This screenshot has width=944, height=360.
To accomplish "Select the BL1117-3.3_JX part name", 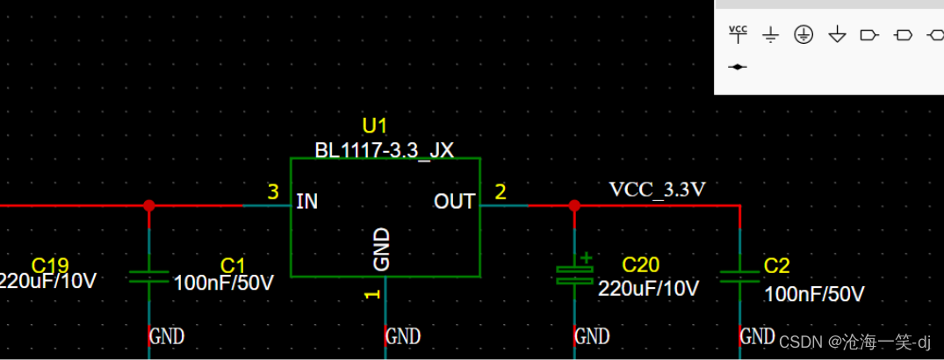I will [384, 149].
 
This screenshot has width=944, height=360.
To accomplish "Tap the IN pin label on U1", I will [307, 201].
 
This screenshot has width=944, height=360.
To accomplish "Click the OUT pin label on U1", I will [454, 201].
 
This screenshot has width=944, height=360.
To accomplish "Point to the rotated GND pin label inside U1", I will [382, 248].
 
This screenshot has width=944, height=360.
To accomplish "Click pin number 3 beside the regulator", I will [273, 191].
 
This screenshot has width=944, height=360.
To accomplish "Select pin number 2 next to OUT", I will [501, 191].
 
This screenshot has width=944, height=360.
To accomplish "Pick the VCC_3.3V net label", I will [658, 189].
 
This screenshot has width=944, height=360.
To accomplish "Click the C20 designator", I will [640, 265].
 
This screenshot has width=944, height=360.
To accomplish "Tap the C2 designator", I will [777, 266].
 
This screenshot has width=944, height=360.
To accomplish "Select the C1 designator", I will [233, 265].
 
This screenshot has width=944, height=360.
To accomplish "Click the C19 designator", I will [49, 265].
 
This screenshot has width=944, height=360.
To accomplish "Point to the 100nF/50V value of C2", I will [814, 293].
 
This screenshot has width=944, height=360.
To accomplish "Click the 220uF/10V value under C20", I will [648, 288].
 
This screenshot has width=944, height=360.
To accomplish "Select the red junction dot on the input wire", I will [149, 205].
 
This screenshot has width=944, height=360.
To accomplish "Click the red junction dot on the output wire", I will [574, 205].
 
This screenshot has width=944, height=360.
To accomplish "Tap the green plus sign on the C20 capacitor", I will [587, 257].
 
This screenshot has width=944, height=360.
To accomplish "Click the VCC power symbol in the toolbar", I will [739, 33].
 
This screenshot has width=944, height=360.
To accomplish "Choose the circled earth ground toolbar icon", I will [803, 34].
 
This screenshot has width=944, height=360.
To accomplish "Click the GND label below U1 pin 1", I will [403, 335].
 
